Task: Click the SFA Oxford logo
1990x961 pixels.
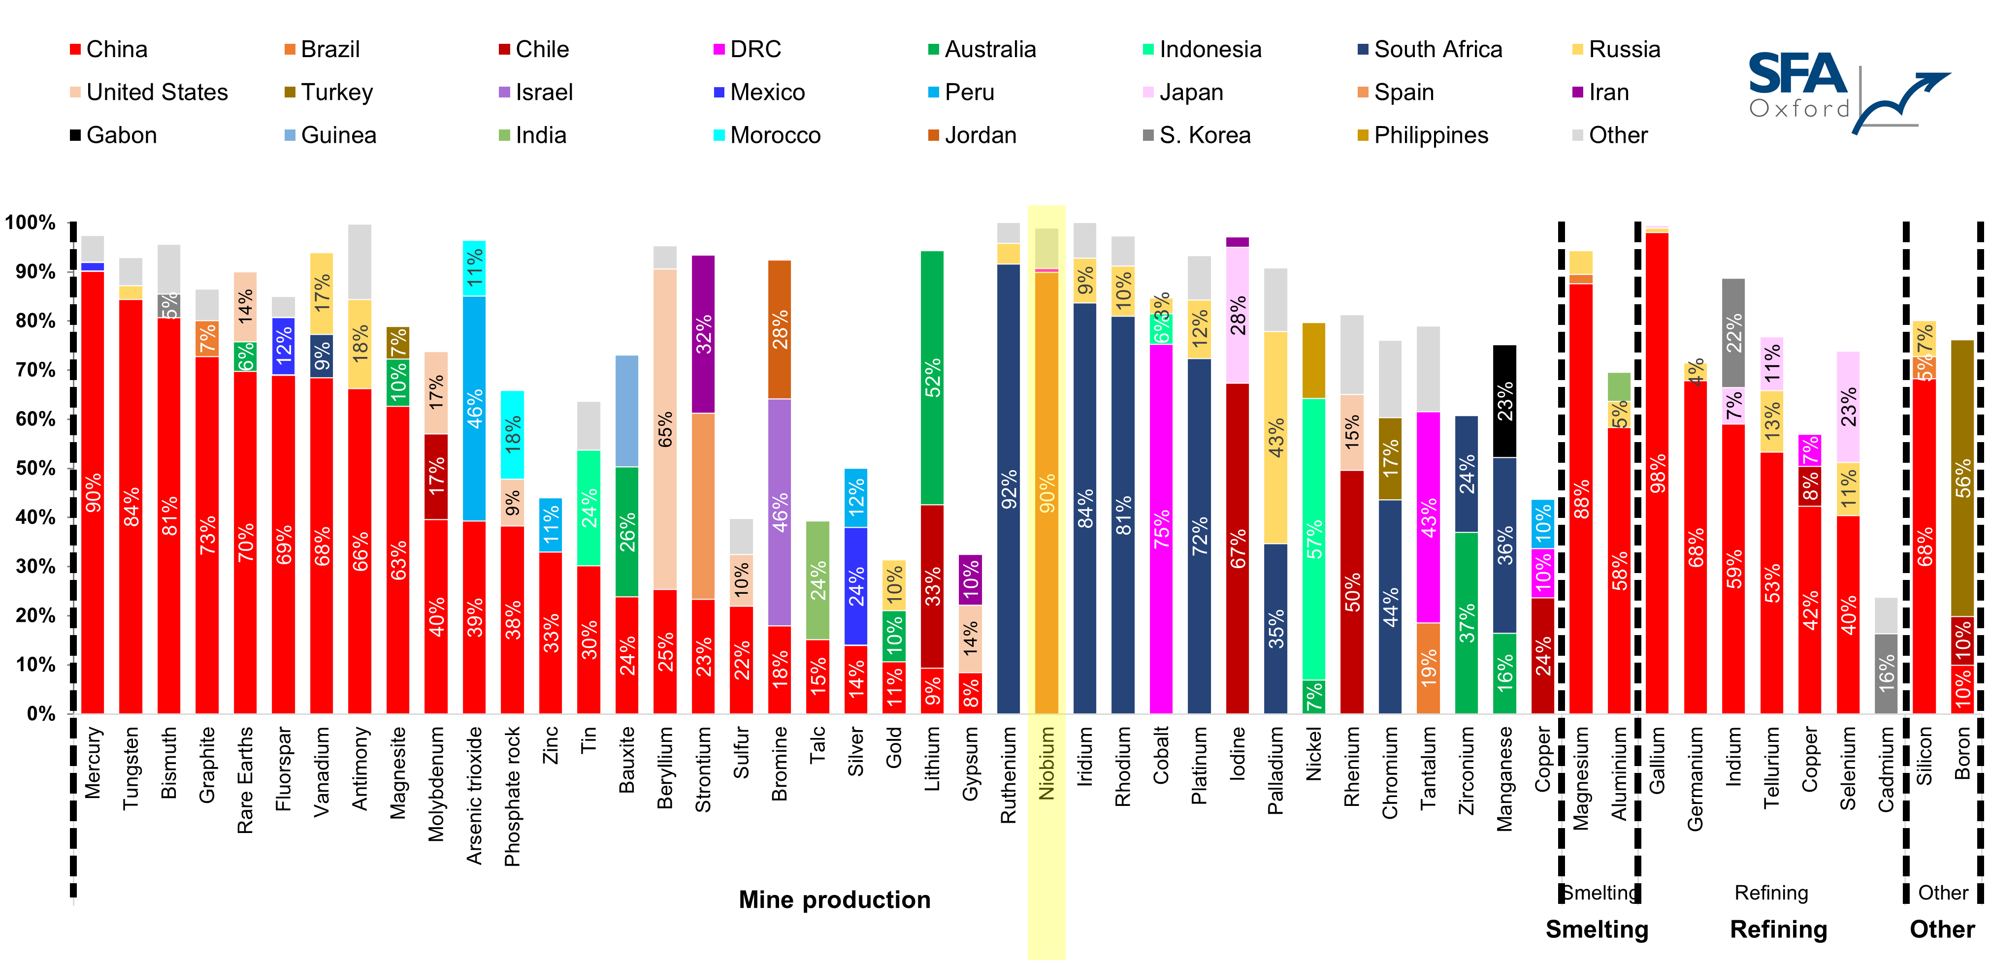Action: tap(1846, 91)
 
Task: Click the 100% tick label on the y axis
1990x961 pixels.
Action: tap(31, 223)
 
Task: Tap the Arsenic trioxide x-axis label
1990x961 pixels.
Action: tap(474, 795)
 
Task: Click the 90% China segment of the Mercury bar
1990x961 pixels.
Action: tap(93, 492)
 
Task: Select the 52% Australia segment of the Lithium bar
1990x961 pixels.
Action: tap(932, 378)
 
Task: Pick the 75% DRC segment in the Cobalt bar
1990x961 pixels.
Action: tap(1161, 528)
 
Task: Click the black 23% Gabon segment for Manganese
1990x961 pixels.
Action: tap(1504, 401)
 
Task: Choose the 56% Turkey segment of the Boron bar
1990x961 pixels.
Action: tap(1962, 478)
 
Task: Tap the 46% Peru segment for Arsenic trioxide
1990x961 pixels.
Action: tap(474, 409)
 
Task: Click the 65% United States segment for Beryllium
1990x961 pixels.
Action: tap(665, 429)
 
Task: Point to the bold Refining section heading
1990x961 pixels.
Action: tap(1778, 929)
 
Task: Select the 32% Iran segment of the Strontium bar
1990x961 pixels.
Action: tap(703, 334)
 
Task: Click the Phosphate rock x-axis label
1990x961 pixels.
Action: tap(512, 796)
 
